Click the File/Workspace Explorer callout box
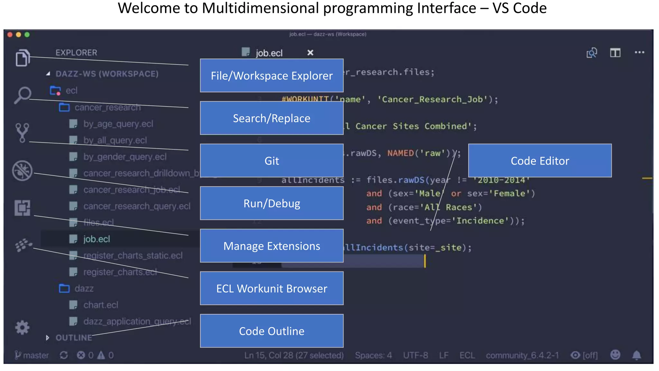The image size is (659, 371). (272, 76)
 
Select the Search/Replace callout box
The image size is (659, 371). (272, 118)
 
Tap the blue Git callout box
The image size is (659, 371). (272, 161)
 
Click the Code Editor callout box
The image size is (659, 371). (540, 161)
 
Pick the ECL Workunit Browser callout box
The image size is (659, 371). (272, 288)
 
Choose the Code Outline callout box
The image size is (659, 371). (272, 331)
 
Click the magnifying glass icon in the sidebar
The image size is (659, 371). (23, 95)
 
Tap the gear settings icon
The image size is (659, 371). (22, 328)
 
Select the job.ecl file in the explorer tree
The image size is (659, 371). (97, 239)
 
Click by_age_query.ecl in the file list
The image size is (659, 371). (118, 124)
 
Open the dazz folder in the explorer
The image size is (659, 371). (84, 288)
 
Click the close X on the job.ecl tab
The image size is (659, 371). (310, 52)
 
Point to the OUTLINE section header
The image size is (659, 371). (74, 338)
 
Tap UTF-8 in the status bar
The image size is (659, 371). (415, 355)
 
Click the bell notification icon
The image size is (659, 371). (636, 355)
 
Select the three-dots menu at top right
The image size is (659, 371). (639, 52)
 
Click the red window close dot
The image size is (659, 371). (10, 34)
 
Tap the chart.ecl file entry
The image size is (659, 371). (100, 305)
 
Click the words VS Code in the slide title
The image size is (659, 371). (519, 8)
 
